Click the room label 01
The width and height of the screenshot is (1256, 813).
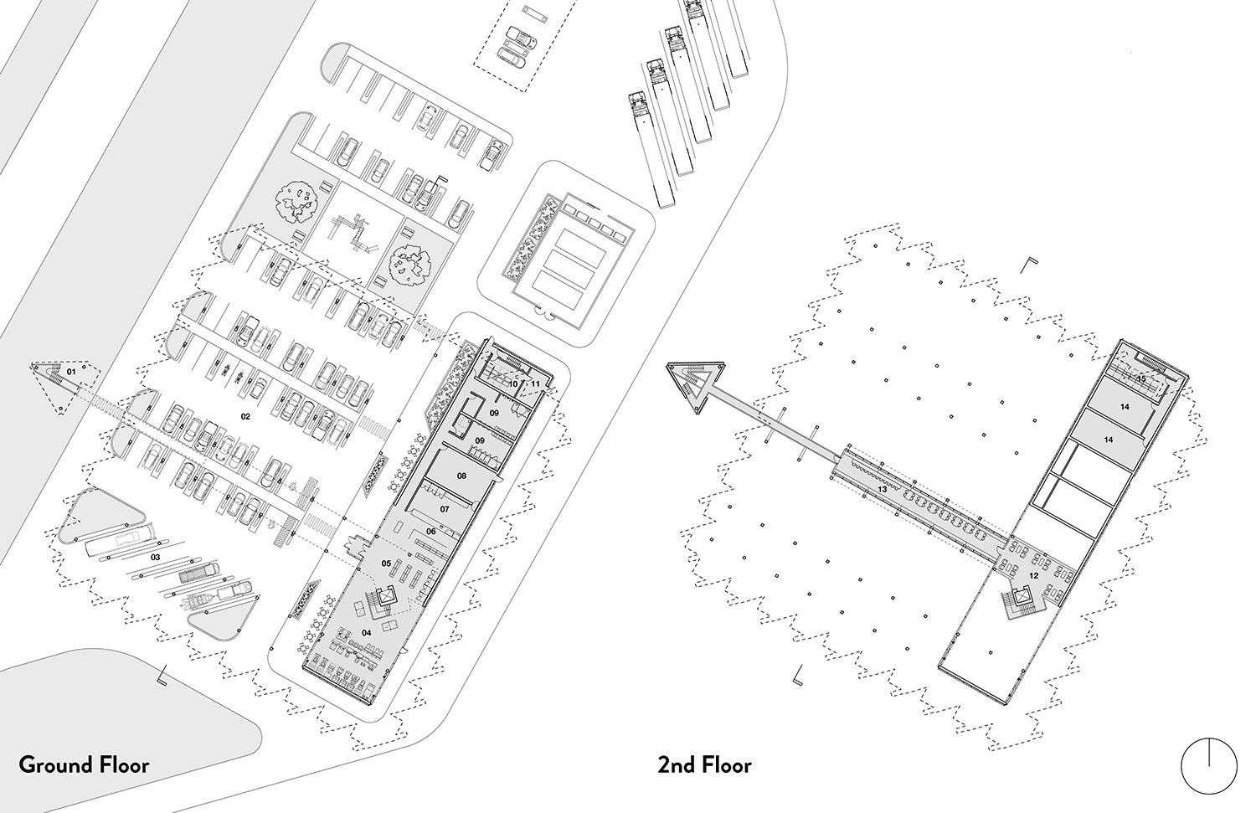tap(71, 371)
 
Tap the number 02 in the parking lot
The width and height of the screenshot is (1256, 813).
tap(246, 415)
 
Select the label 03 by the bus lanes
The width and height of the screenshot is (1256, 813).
tap(155, 556)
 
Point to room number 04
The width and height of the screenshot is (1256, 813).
tap(366, 633)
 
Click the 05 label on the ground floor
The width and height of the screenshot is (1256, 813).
tap(387, 563)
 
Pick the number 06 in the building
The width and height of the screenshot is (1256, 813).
tap(430, 531)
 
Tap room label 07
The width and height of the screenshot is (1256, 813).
tap(445, 508)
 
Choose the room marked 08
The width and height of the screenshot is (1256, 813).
tap(461, 476)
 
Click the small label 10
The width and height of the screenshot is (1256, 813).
tap(513, 383)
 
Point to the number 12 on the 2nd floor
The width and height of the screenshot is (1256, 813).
tap(1033, 575)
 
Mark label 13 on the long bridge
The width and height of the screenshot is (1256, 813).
tap(881, 489)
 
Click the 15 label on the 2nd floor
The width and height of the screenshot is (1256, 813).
tap(1140, 378)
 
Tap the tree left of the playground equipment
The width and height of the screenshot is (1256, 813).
tap(296, 201)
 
